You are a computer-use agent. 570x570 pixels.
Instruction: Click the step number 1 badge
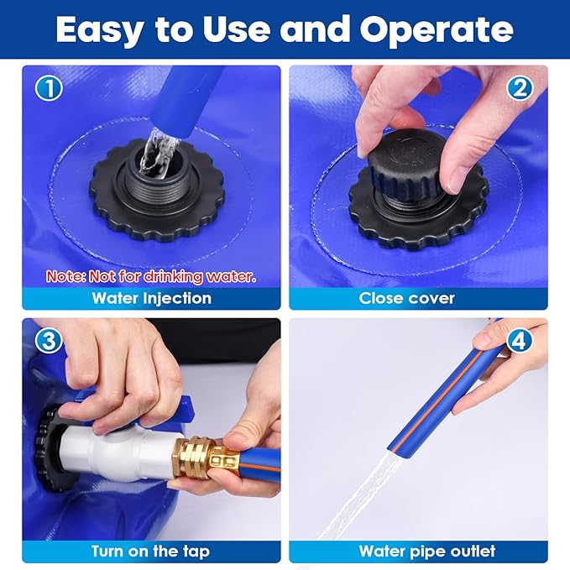click(49, 88)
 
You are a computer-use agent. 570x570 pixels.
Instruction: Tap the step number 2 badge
click(520, 88)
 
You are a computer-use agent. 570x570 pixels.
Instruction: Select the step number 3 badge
click(49, 341)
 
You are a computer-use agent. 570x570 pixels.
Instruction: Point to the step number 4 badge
click(520, 341)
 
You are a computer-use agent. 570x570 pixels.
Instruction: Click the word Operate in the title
click(437, 30)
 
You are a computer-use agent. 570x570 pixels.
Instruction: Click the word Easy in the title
click(100, 30)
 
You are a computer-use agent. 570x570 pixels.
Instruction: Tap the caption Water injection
click(152, 299)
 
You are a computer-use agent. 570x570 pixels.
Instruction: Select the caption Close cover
click(407, 299)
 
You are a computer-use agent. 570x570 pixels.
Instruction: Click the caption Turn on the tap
click(150, 551)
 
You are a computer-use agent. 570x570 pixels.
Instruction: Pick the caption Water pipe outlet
click(427, 551)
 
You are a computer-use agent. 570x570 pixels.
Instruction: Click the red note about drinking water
click(151, 277)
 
